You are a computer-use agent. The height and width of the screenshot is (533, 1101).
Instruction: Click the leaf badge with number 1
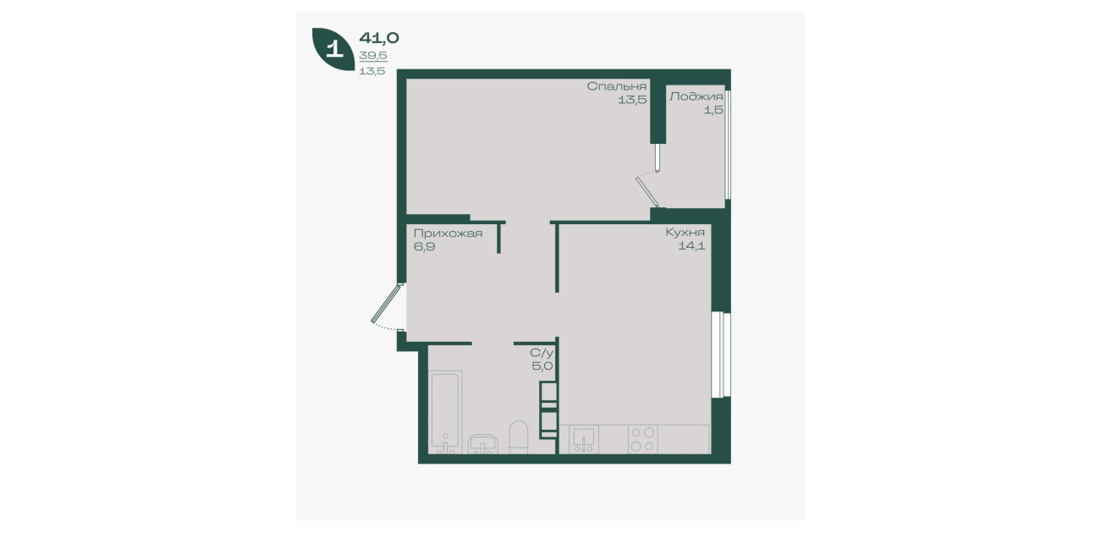coord(333,48)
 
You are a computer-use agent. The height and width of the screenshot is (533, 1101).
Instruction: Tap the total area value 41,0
coord(379,38)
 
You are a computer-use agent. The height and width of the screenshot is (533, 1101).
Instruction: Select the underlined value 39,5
coord(373,56)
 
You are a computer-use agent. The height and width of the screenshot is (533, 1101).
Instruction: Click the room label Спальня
coord(616,86)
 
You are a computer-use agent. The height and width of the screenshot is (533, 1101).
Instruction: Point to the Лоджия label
coord(696,96)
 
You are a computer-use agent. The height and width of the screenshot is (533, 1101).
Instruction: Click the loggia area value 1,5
coord(713,110)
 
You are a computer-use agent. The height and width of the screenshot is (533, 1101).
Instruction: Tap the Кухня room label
coord(685,232)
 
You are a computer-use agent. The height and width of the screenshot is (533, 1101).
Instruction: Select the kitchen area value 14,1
coord(691,245)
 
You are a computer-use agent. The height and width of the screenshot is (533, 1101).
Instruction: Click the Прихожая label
coord(448,234)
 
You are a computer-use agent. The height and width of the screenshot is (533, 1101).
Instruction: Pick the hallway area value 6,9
coord(424,246)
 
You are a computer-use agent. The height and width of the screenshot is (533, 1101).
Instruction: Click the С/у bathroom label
coord(542,353)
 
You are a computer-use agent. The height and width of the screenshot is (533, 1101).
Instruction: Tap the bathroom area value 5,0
coord(542,366)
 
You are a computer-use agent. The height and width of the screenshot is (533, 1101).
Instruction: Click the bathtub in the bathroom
coord(446,412)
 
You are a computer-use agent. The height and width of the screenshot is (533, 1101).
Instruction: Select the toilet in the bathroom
coord(518,437)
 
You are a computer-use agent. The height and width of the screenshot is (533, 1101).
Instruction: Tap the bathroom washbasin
coord(484,443)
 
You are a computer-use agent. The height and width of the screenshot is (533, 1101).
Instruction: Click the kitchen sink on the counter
coord(584,439)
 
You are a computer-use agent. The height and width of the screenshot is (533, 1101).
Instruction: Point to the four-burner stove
coord(643,439)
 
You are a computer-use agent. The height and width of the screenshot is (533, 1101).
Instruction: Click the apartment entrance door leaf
coord(387,303)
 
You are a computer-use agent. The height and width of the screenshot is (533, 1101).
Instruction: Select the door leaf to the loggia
coord(647,191)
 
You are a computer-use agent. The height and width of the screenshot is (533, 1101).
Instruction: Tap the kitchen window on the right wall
coord(721,354)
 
